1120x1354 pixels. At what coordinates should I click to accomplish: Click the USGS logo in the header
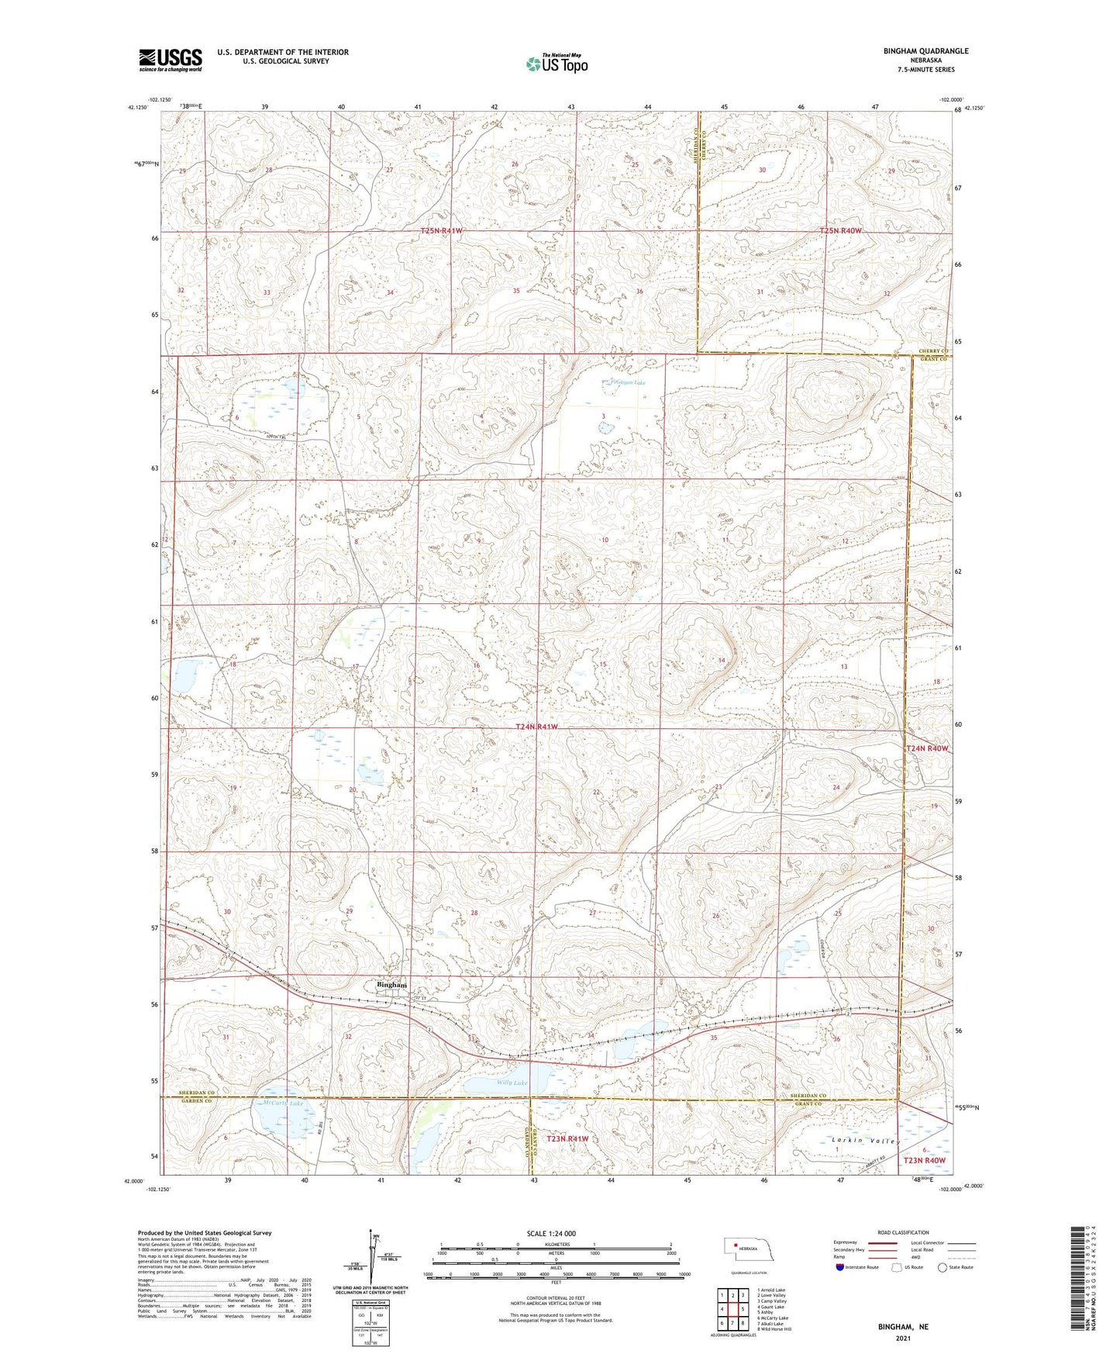[x=171, y=60]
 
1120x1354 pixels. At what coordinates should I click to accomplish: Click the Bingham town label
[x=391, y=985]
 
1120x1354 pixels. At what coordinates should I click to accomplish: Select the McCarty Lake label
[x=283, y=1103]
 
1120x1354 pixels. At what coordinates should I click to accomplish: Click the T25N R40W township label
[x=841, y=231]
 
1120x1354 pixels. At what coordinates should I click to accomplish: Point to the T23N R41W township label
[x=567, y=1138]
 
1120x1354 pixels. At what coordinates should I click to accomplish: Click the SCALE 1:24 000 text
[x=551, y=1233]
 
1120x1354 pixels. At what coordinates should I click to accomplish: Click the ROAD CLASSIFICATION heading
[x=903, y=1232]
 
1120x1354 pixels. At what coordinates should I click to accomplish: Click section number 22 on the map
[x=596, y=792]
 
